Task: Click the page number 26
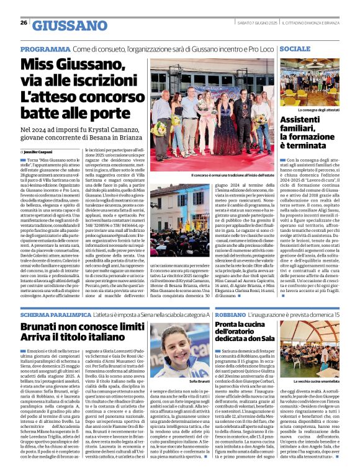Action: [23, 23]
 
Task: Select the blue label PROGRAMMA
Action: [44, 48]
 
